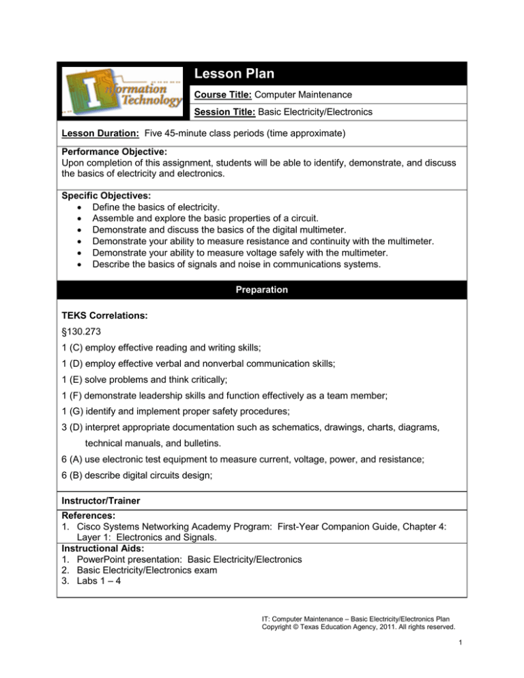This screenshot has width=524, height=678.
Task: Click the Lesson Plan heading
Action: (235, 74)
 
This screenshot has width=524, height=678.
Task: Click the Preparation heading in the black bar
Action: (263, 289)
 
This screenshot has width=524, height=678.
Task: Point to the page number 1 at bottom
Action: (457, 655)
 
